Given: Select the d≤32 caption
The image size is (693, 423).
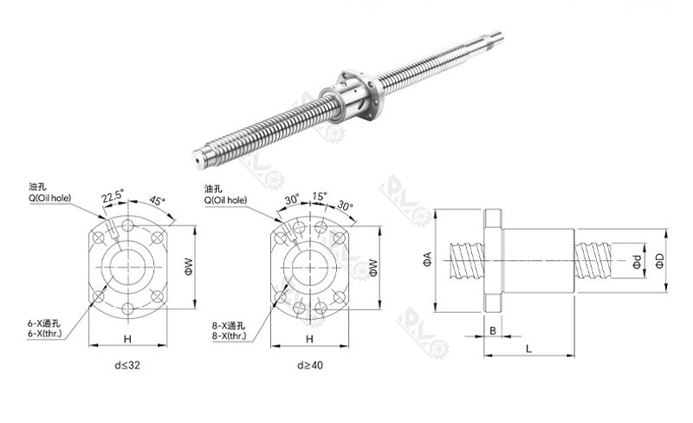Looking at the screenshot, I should click(126, 365).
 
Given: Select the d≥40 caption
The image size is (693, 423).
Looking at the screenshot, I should click(308, 365).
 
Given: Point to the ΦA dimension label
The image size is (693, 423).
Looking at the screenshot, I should click(427, 258).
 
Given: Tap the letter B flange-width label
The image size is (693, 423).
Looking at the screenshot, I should click(493, 330).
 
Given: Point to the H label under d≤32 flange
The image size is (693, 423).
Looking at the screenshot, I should click(126, 339).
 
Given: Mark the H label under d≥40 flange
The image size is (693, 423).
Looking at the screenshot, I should click(308, 339).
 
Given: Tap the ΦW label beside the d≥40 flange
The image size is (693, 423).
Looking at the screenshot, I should click(372, 266).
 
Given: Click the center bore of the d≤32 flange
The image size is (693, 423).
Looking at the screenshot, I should click(126, 266).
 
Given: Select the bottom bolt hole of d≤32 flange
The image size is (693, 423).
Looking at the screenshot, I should click(126, 309).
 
